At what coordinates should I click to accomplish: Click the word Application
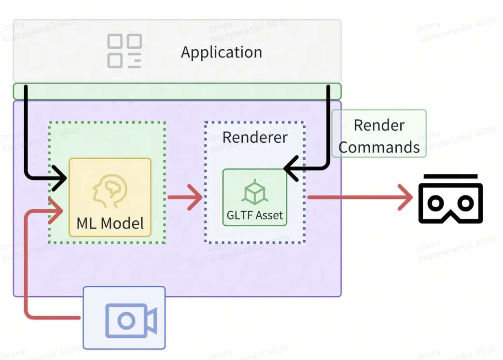[221, 52]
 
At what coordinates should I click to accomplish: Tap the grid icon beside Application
[124, 51]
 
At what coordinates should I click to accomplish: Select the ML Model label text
[110, 223]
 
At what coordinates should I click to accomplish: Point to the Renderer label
[255, 137]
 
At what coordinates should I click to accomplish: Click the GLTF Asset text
[255, 215]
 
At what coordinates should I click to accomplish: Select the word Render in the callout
[379, 125]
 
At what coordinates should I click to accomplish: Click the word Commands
[379, 147]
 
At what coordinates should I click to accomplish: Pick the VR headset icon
[450, 199]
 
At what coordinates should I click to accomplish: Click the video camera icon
[131, 320]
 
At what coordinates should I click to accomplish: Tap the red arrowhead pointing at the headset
[406, 198]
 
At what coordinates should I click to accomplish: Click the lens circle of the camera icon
[126, 320]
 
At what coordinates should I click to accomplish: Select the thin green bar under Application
[177, 91]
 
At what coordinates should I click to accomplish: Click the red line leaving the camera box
[53, 318]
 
